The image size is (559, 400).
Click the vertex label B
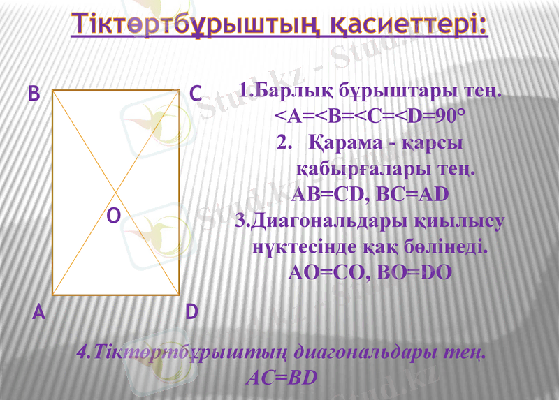[x=34, y=94]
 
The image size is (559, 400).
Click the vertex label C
[x=196, y=94]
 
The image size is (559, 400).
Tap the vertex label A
[x=39, y=313]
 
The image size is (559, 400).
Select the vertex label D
[x=192, y=312]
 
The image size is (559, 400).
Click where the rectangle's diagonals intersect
[x=116, y=192]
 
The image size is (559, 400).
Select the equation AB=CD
[x=328, y=193]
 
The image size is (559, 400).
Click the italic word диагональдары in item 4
[x=364, y=352]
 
